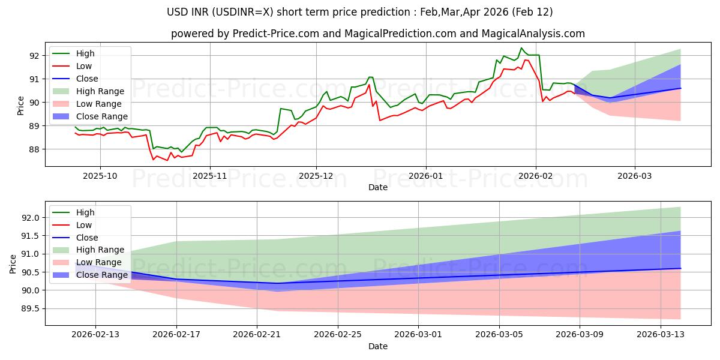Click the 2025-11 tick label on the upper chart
pos(209,176)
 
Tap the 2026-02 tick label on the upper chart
pos(536,176)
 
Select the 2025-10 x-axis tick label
pos(100,176)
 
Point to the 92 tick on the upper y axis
pos(34,56)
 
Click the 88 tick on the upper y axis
pos(34,149)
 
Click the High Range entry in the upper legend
pos(100,91)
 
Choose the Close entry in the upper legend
pos(88,79)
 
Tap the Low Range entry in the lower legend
pos(100,262)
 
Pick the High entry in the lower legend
pos(85,212)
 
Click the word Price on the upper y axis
pos(21,105)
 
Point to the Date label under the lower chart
pos(378,346)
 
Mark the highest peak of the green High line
pos(521,48)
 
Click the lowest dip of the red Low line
pos(153,160)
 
